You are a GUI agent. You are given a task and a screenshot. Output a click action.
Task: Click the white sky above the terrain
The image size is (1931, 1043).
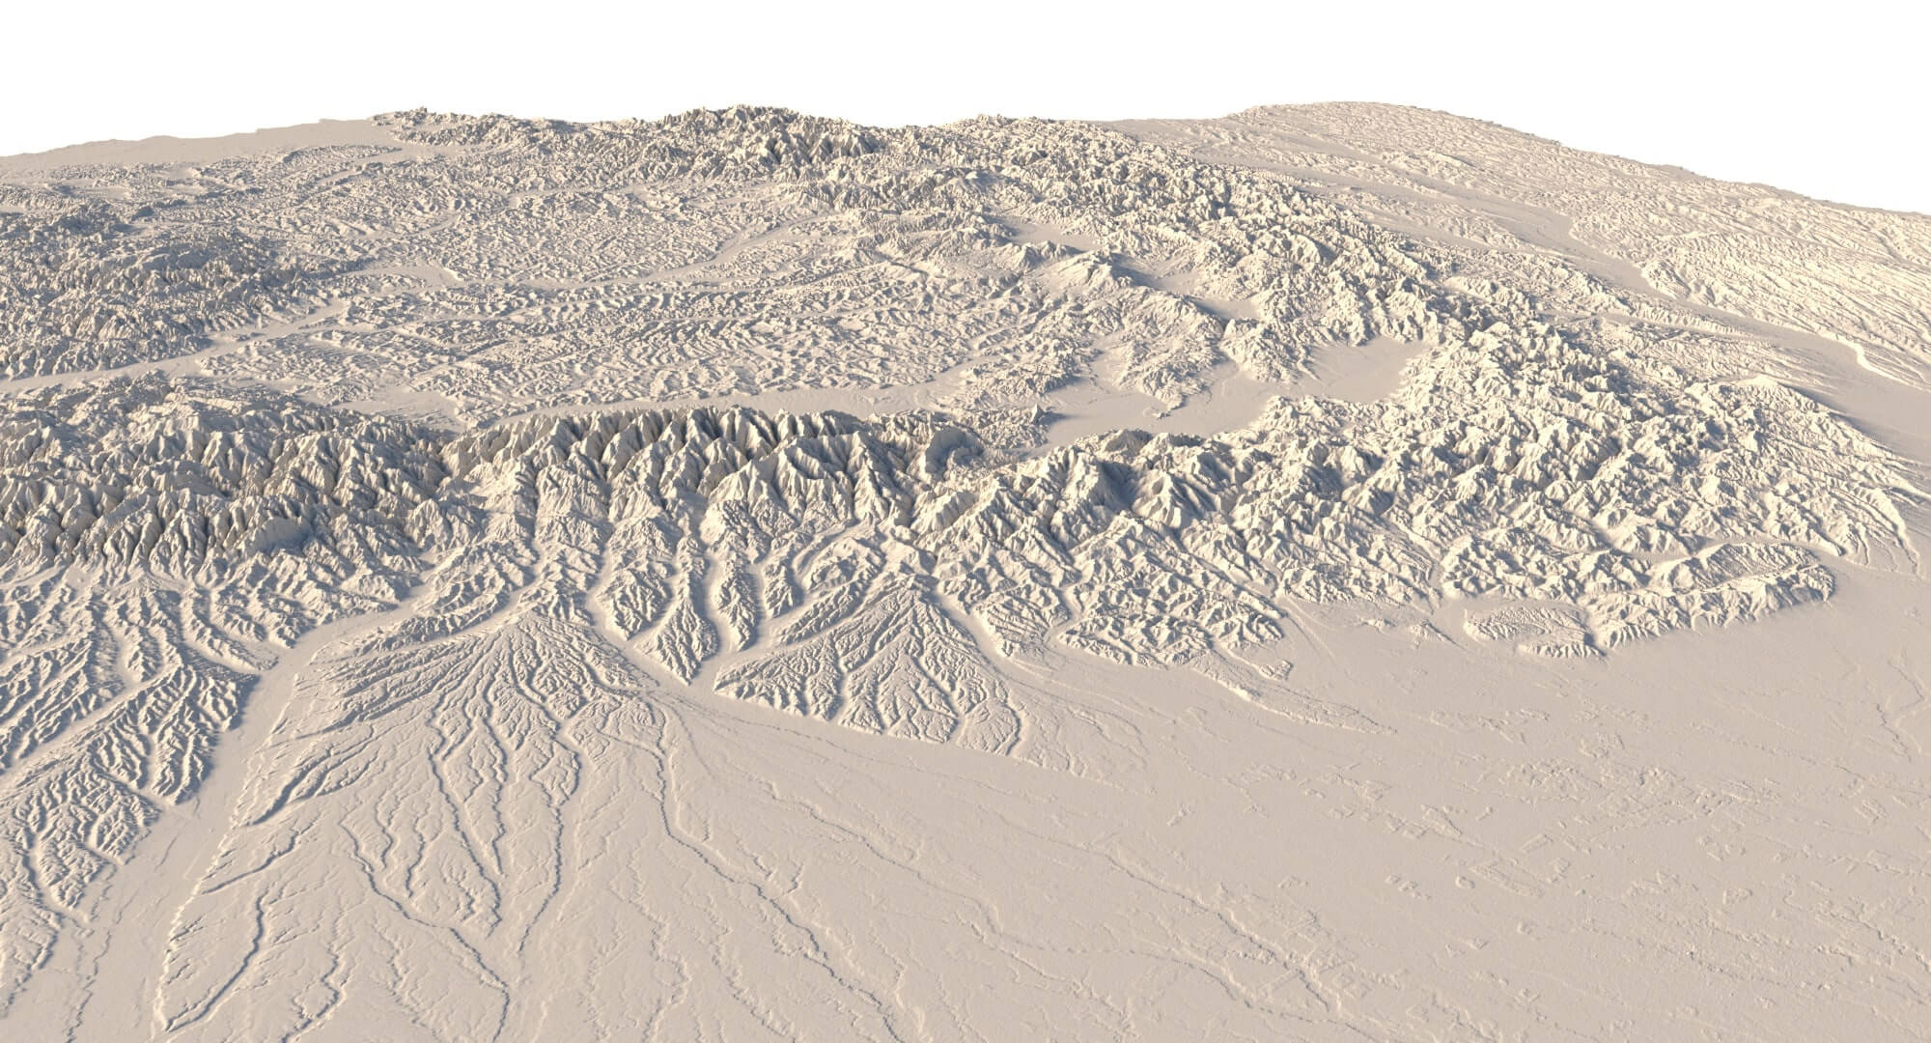point(965,48)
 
